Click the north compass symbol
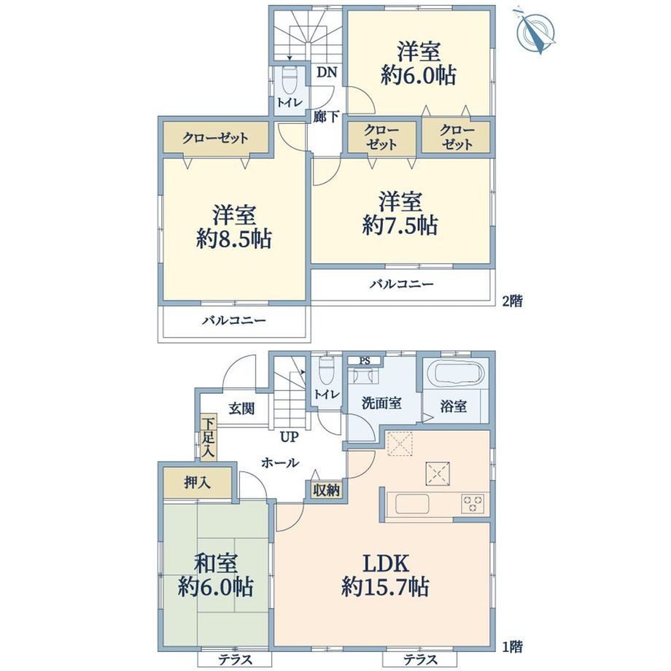click(535, 31)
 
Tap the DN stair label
click(327, 72)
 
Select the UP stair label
click(290, 437)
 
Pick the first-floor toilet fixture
click(327, 368)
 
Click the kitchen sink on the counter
click(411, 504)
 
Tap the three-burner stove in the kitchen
click(473, 503)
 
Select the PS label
click(364, 361)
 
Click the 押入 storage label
click(197, 483)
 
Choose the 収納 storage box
click(327, 490)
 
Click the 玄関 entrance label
click(241, 408)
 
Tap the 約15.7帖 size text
click(385, 586)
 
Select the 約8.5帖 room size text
click(234, 238)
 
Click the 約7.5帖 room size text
click(400, 225)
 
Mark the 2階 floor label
click(512, 301)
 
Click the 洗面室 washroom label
click(381, 403)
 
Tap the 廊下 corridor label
click(326, 116)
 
